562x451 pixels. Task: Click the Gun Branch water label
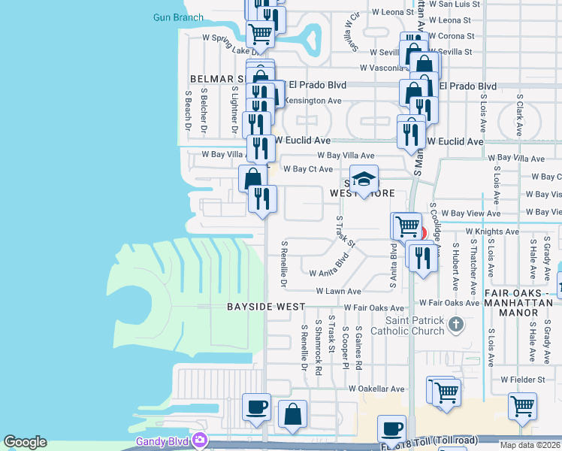[178, 17]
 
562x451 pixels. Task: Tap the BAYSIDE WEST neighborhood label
[266, 307]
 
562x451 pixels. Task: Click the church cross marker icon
[454, 325]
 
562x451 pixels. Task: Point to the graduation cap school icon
[364, 180]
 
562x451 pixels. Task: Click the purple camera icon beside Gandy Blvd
[199, 440]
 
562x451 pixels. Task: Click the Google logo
[25, 442]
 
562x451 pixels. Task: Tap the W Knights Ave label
[492, 232]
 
